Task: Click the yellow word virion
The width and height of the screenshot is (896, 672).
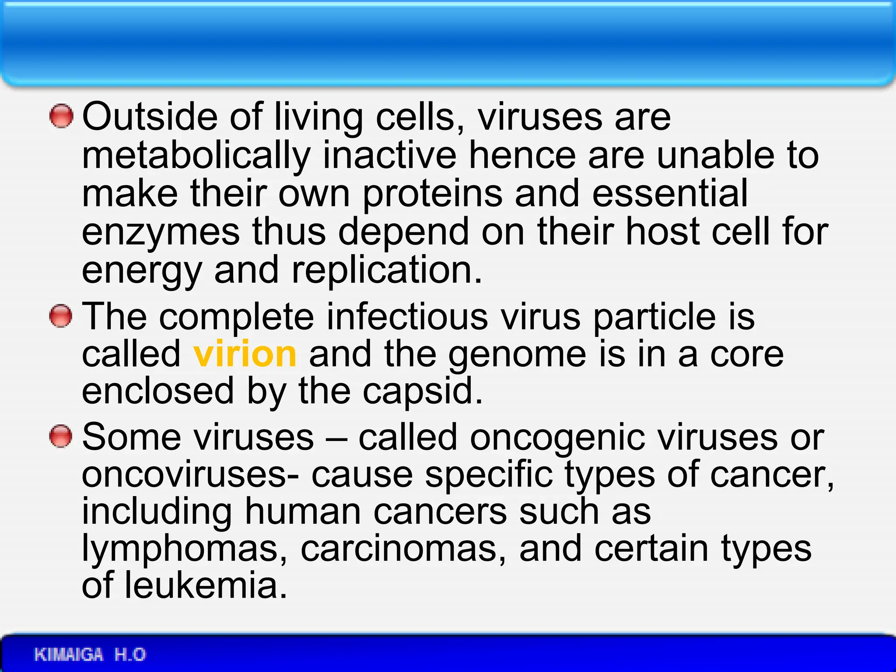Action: tap(245, 354)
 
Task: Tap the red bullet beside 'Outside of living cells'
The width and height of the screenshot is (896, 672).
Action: tap(61, 116)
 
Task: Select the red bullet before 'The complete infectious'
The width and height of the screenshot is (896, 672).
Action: tap(61, 316)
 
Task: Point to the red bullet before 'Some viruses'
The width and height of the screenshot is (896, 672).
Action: tap(61, 436)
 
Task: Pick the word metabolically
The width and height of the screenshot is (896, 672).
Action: tap(196, 156)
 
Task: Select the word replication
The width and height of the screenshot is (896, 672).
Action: tap(387, 270)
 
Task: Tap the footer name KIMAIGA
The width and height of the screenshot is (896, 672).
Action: tap(69, 654)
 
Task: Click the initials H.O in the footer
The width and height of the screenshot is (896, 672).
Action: tap(130, 654)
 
